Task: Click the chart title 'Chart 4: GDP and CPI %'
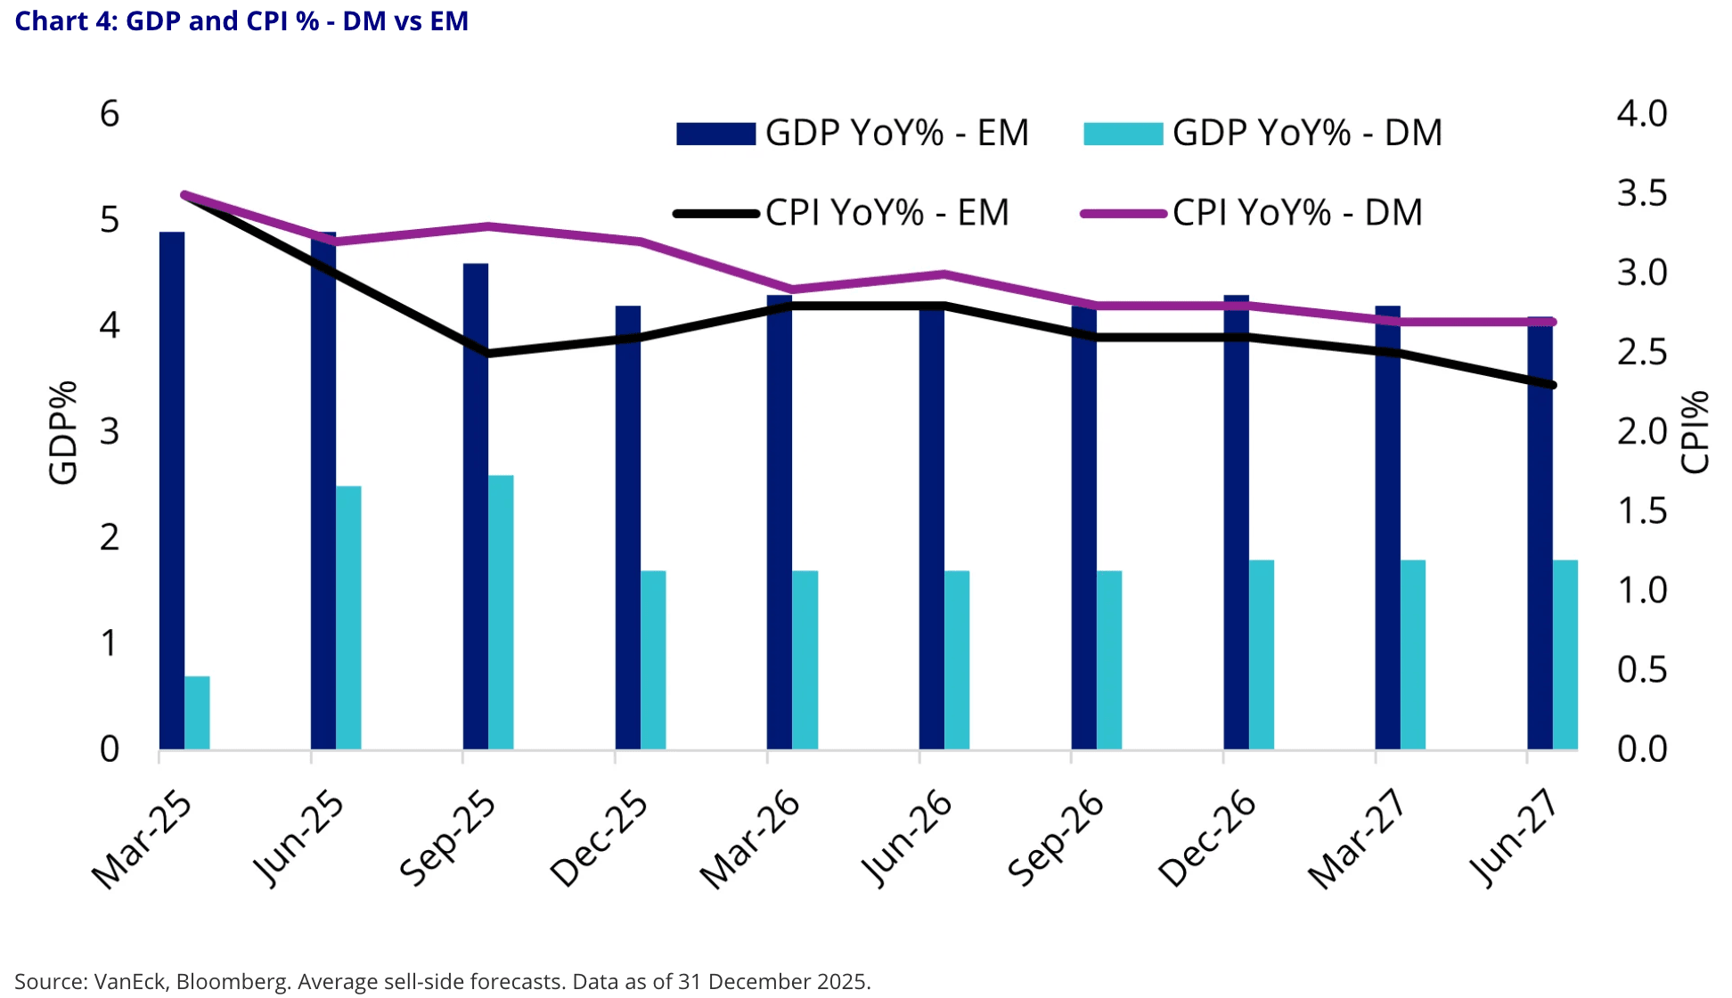pos(241,20)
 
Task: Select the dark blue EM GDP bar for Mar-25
pos(172,490)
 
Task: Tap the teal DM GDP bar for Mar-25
pos(197,713)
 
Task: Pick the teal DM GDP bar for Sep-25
pos(501,612)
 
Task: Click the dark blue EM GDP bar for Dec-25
pos(627,528)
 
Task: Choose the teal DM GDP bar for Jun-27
pos(1565,655)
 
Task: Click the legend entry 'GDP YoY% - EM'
pos(853,134)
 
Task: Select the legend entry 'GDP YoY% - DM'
pos(1262,134)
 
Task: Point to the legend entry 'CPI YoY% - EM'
pos(842,213)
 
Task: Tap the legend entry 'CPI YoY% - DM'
pos(1252,213)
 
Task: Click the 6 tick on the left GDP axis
pos(110,114)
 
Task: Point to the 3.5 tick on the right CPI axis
pos(1642,193)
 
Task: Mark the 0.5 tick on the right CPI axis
pos(1642,670)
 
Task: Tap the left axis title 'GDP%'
pos(63,432)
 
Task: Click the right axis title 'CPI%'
pos(1695,432)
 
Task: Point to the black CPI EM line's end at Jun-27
pos(1553,385)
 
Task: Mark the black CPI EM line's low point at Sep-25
pos(488,354)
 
